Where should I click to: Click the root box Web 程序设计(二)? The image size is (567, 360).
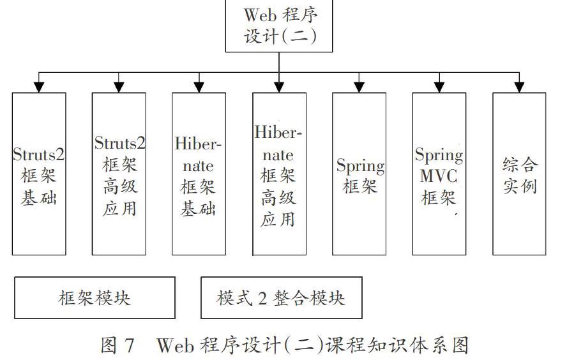279,26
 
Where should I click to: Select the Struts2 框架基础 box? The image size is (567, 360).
39,174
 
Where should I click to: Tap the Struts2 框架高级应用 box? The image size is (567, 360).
119,174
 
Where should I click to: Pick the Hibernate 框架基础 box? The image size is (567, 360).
199,174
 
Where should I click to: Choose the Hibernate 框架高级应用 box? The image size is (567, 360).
279,174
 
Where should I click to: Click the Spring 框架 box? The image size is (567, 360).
359,174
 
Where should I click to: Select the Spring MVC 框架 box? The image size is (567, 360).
439,174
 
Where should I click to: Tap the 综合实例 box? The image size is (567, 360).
519,174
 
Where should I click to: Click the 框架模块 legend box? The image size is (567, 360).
94,298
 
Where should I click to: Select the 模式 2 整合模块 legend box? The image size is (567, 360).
282,298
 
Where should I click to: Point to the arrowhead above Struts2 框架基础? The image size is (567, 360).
39,87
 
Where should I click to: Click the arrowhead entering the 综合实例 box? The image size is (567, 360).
519,87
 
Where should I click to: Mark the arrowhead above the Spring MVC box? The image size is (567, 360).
439,87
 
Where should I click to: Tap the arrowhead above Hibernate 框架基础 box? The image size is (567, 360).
199,87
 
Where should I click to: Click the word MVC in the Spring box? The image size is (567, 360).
439,176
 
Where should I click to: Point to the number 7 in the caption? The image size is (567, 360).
130,345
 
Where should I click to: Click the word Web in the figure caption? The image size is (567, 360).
175,345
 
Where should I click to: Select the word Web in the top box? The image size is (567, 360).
260,15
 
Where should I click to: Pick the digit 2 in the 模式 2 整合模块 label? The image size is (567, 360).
262,298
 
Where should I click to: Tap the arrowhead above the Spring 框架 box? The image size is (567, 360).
359,87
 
